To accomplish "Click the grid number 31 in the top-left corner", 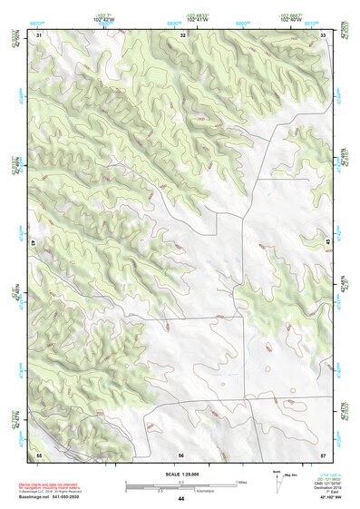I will pyautogui.click(x=39, y=34).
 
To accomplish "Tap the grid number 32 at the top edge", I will pyautogui.click(x=183, y=34).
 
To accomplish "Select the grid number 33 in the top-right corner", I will pyautogui.click(x=324, y=34).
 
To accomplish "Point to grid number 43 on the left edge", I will pyautogui.click(x=33, y=243).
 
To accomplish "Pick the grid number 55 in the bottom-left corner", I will pyautogui.click(x=39, y=453).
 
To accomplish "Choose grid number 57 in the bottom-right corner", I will pyautogui.click(x=323, y=453).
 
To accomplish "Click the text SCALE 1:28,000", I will pyautogui.click(x=180, y=475).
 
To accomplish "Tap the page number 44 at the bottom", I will pyautogui.click(x=181, y=499).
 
